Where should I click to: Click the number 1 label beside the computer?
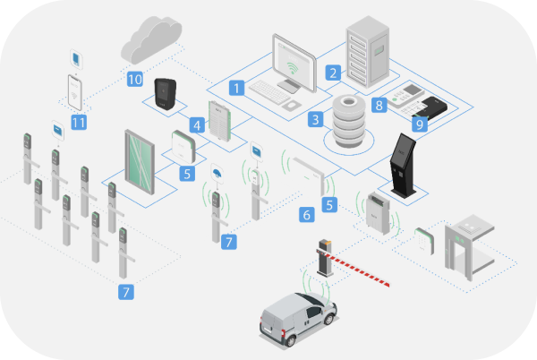pyautogui.click(x=236, y=88)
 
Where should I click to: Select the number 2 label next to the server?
pyautogui.click(x=333, y=73)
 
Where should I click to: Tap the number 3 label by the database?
pyautogui.click(x=315, y=119)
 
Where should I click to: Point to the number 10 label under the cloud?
pyautogui.click(x=135, y=79)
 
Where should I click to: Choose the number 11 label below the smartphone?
pyautogui.click(x=79, y=123)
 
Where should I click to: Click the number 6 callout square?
pyautogui.click(x=307, y=215)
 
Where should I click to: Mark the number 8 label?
pyautogui.click(x=379, y=105)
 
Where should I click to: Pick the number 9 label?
pyautogui.click(x=420, y=124)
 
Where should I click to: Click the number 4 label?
pyautogui.click(x=197, y=125)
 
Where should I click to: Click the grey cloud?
pyautogui.click(x=152, y=39)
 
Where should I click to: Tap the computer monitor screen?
pyautogui.click(x=294, y=64)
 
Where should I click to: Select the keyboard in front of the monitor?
pyautogui.click(x=269, y=92)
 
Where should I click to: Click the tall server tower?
pyautogui.click(x=368, y=51)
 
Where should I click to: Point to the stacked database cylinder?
pyautogui.click(x=349, y=121)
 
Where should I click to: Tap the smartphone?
pyautogui.click(x=74, y=92)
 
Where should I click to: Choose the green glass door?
pyautogui.click(x=140, y=162)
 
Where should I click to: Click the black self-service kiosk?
pyautogui.click(x=404, y=166)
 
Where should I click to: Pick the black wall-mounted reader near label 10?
pyautogui.click(x=166, y=93)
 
